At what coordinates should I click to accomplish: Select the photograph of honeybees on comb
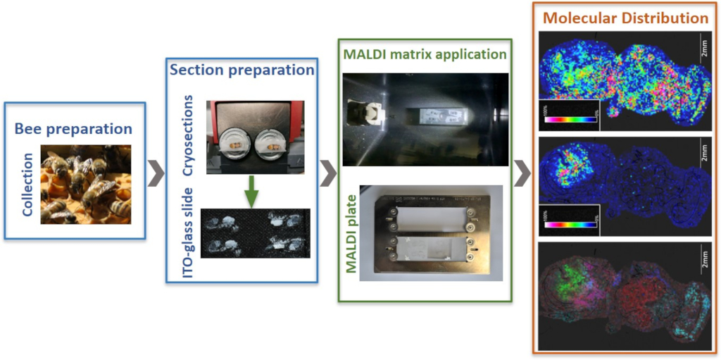86,184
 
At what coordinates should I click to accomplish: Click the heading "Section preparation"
241,70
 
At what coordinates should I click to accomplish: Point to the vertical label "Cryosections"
188,137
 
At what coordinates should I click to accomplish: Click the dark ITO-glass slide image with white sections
255,232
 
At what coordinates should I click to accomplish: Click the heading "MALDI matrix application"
425,54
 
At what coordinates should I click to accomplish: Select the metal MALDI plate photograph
431,232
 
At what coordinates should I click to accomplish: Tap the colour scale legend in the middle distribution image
567,219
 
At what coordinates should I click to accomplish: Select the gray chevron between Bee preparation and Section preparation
155,171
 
